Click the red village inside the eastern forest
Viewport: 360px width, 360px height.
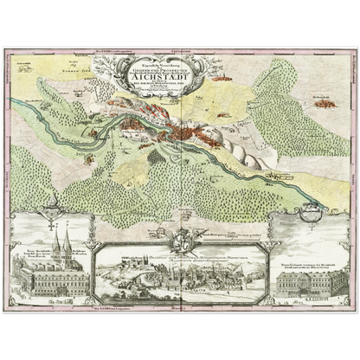click(x=325, y=103)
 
